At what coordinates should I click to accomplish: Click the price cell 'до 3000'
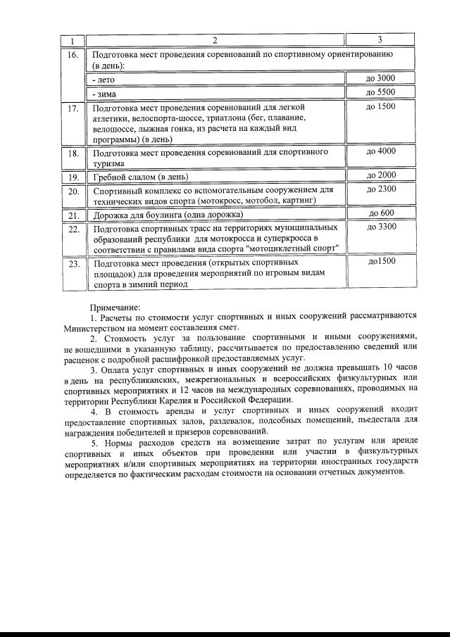pos(380,79)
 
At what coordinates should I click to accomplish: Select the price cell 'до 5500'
pos(380,93)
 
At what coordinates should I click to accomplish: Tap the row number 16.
pos(73,55)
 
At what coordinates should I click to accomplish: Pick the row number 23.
pos(73,264)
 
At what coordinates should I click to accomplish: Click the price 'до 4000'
pos(381,151)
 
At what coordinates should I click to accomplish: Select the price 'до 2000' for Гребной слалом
pos(381,175)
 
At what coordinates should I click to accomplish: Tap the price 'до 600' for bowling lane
pos(381,213)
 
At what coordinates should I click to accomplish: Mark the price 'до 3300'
pos(381,227)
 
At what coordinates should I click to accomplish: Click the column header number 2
pos(215,39)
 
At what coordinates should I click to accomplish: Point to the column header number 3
pos(380,39)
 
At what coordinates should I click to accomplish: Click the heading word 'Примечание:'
pos(115,307)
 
